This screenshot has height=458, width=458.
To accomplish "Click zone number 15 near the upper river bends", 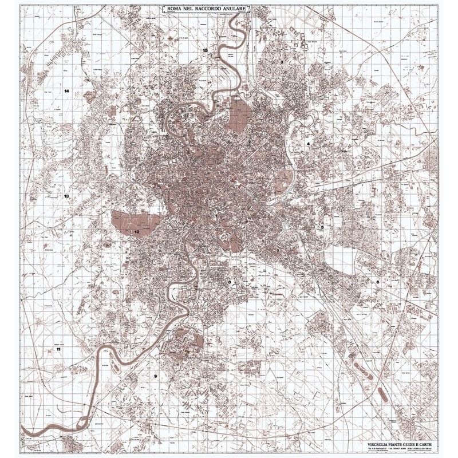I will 205,51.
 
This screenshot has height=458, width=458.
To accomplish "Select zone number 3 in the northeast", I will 282,61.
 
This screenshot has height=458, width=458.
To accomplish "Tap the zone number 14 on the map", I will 66,91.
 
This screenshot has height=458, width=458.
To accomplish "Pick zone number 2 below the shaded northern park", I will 250,142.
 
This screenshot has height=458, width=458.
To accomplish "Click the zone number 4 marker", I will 308,144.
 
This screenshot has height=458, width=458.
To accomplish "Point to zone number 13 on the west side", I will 66,196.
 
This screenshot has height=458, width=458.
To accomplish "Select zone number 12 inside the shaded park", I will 137,232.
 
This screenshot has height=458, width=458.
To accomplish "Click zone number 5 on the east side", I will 322,227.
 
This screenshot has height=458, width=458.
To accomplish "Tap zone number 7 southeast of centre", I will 278,251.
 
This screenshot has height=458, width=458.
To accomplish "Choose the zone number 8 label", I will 230,282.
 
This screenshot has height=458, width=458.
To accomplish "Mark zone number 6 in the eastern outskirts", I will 377,282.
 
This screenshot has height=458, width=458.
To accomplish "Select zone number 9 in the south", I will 155,376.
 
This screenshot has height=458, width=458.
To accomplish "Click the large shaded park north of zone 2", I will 239,114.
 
